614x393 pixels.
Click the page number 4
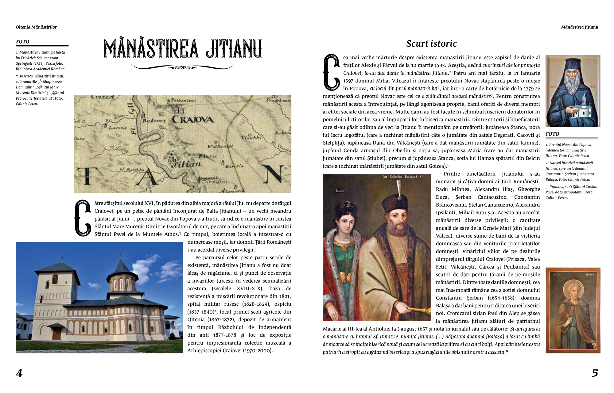point(19,373)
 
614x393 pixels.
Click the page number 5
point(595,373)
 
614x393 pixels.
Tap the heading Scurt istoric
point(431,44)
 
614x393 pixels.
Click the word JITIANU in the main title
point(234,49)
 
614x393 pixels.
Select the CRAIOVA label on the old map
point(193,119)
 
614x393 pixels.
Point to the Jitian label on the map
point(186,164)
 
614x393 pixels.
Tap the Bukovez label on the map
point(154,120)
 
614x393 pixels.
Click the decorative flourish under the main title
point(182,67)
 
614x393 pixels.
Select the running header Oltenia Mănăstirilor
point(36,27)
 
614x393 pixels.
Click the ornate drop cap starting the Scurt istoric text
point(332,72)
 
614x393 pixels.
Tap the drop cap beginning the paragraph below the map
point(83,218)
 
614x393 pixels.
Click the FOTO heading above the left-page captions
point(23,42)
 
